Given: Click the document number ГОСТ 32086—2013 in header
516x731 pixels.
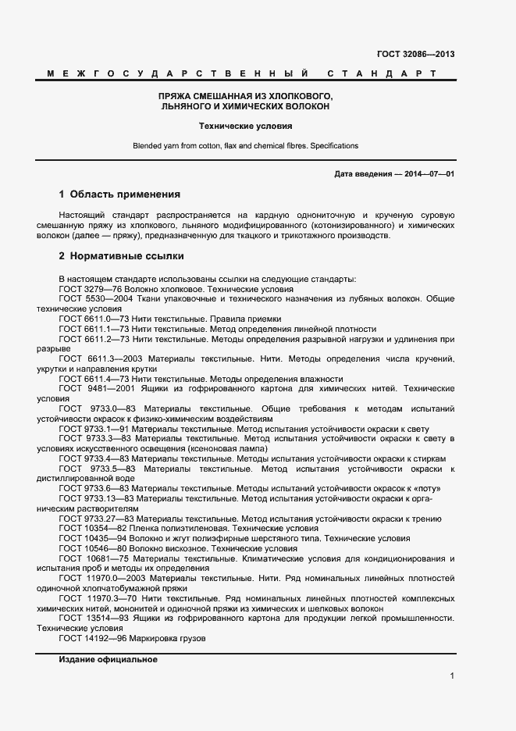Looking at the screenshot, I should pos(415,55).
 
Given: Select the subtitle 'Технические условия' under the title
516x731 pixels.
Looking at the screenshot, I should pos(245,125).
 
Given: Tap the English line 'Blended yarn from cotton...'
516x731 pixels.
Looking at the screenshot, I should pos(245,146).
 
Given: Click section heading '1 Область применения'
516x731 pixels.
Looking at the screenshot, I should pos(119,194).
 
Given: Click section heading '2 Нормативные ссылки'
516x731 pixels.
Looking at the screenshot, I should pos(121,255).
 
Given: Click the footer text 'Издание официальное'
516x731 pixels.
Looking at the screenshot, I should pos(108,660).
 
